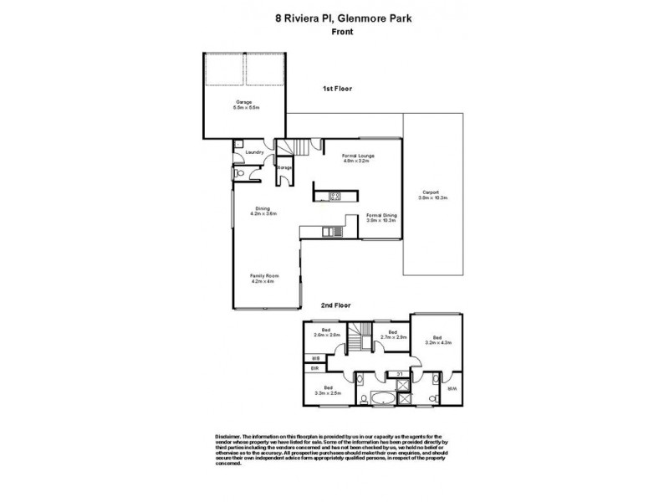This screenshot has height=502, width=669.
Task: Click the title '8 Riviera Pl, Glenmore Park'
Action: pos(334,15)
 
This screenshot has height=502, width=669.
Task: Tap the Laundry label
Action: pos(254,152)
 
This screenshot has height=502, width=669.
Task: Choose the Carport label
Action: pos(434,198)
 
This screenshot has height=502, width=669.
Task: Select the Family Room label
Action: pos(263,279)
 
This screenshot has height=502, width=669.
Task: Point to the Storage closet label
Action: pos(285,168)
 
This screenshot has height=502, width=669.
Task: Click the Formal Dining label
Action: pos(381,218)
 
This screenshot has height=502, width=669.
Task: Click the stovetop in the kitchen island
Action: pos(334,197)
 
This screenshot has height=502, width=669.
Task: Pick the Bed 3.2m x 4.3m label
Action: pos(438,341)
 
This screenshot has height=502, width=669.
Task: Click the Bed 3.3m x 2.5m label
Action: pos(328,390)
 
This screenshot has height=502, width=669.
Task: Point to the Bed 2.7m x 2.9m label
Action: pos(392,336)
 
